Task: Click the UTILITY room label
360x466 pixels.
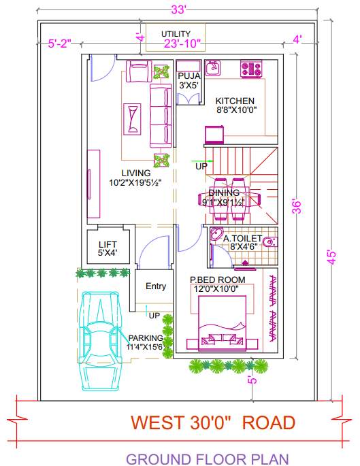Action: (x=176, y=34)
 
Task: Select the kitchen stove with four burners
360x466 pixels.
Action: (x=251, y=68)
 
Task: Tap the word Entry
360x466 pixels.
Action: (x=156, y=286)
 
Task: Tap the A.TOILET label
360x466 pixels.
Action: (x=242, y=239)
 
